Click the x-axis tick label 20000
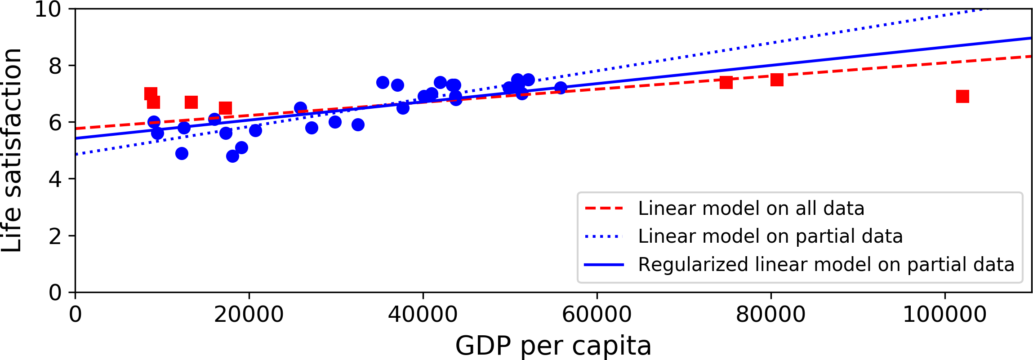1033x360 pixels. (x=249, y=315)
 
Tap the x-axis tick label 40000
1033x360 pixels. (x=423, y=315)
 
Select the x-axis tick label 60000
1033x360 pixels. (x=597, y=315)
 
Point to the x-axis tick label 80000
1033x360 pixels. (x=770, y=315)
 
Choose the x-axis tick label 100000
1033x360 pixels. (x=944, y=315)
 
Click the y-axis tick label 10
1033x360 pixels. (x=48, y=9)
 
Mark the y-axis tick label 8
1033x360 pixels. (x=55, y=66)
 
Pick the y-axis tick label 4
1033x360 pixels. (x=55, y=179)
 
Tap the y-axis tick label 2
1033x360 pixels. (x=55, y=236)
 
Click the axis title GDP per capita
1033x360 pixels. (x=553, y=346)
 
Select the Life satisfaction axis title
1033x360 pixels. (x=12, y=150)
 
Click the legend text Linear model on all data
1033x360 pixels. (x=751, y=209)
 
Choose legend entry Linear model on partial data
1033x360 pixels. (x=770, y=236)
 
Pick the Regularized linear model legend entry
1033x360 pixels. (x=826, y=265)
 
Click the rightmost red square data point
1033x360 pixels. (x=962, y=96)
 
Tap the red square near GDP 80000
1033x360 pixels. (x=777, y=80)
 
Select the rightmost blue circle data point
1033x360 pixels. (x=561, y=88)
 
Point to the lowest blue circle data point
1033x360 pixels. (x=232, y=156)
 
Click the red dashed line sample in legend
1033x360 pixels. (x=604, y=209)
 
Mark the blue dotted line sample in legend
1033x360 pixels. (x=604, y=236)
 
